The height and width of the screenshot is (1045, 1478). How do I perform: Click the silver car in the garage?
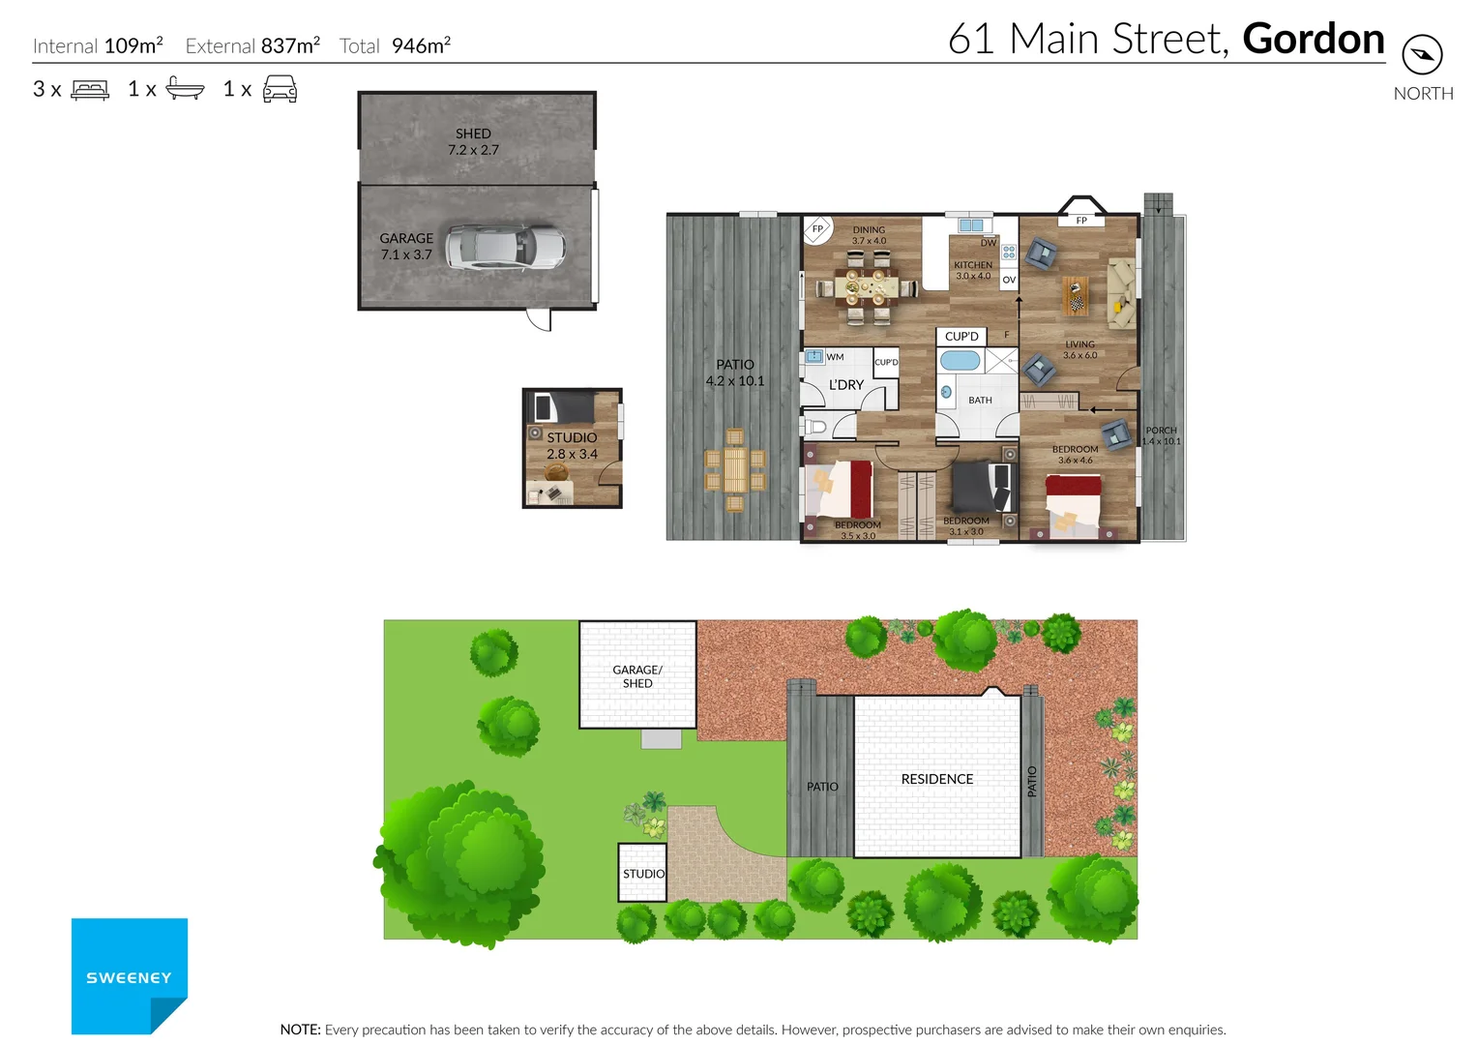505,248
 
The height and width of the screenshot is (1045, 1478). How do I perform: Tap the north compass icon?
1422,54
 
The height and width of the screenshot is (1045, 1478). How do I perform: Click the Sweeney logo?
129,975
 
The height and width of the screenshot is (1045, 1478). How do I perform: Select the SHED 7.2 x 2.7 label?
473,141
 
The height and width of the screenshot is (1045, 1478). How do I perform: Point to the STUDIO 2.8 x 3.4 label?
572,446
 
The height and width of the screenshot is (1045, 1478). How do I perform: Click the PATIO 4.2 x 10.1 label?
734,373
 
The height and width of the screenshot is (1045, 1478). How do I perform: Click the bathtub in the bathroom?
960,361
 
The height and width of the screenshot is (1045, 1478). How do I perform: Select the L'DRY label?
845,385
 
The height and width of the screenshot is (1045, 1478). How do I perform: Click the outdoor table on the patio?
735,470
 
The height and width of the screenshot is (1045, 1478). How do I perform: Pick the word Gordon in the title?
1313,40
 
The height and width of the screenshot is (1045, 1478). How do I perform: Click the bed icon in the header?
90,90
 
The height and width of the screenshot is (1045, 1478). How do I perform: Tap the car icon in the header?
280,90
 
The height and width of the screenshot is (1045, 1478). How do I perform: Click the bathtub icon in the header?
185,89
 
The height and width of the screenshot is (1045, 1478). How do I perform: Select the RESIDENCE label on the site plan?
936,779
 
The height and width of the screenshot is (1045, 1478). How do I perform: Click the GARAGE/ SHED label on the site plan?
637,676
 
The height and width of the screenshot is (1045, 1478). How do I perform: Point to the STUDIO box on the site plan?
642,873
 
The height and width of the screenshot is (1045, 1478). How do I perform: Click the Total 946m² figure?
396,45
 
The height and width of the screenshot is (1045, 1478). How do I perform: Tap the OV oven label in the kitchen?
1009,280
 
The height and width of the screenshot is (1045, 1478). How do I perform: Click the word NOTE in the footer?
300,1030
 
